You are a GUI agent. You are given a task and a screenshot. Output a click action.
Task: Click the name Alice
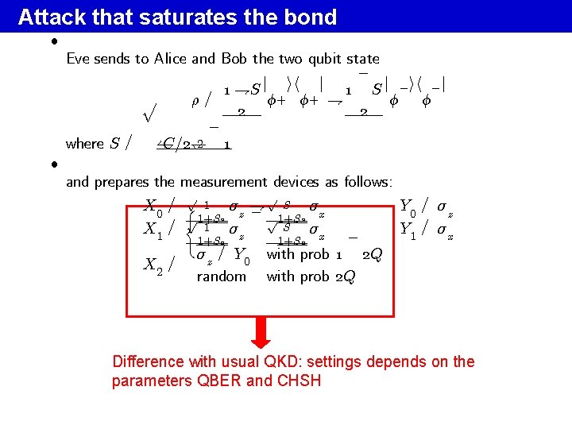click(x=170, y=59)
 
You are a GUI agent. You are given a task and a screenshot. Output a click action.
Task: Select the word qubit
click(x=327, y=59)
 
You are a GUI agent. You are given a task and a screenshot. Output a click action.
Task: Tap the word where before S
click(x=85, y=144)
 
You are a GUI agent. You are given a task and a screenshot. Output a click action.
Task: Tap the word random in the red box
click(x=221, y=276)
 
